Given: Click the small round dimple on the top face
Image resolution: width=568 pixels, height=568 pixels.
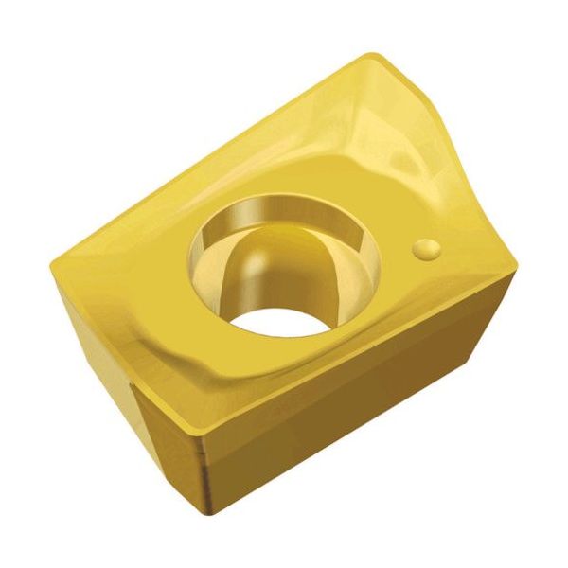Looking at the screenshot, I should click(x=426, y=249).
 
